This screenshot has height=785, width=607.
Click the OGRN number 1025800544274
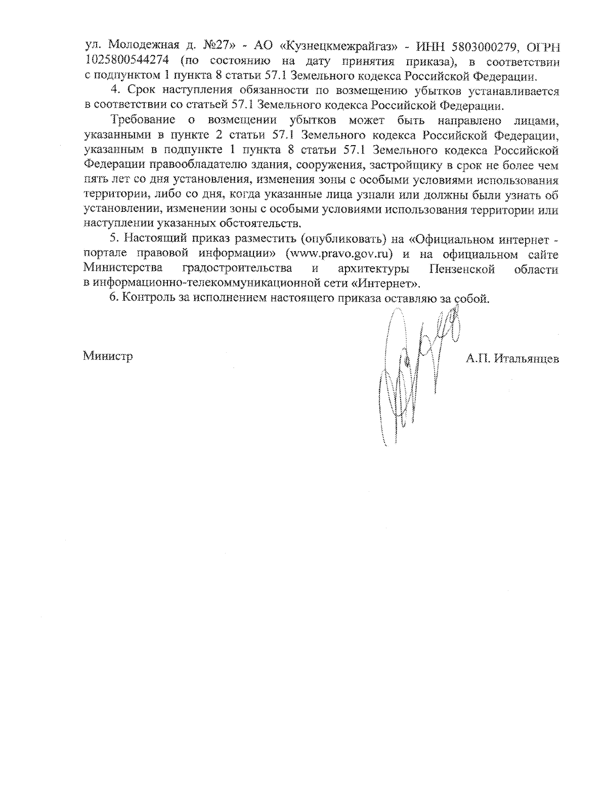point(122,62)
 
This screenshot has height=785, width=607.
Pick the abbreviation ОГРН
point(543,46)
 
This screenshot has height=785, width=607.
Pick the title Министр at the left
point(108,356)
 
